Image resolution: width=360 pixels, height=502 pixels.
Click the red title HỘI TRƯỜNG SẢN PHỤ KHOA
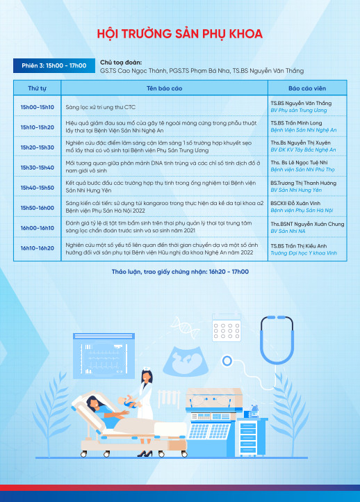[x=180, y=33]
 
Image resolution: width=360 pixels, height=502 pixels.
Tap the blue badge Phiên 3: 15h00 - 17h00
[x=54, y=65]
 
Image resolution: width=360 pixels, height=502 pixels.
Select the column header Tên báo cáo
[x=164, y=88]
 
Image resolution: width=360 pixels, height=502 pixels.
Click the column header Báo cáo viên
[x=307, y=88]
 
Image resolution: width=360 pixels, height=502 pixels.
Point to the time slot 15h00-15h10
[x=38, y=107]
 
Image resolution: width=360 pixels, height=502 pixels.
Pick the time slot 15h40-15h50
[x=38, y=188]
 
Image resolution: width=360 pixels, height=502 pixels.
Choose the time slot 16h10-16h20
[x=38, y=248]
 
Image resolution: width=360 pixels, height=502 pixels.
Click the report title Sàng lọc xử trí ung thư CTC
[x=101, y=107]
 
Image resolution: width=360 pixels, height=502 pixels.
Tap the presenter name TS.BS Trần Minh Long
[x=296, y=123]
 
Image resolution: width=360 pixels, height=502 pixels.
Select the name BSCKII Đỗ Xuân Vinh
[x=295, y=203]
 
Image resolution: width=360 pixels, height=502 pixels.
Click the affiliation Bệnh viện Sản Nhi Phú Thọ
[x=303, y=170]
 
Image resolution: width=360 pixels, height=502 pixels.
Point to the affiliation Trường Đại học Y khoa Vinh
[x=304, y=253]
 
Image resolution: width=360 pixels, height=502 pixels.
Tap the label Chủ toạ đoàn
[x=121, y=63]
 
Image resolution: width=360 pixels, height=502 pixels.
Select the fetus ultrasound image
[x=186, y=361]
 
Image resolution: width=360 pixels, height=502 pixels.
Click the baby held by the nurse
[x=129, y=402]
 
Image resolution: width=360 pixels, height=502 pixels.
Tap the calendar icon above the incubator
[x=227, y=328]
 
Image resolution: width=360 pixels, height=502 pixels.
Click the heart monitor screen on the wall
[x=104, y=356]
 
